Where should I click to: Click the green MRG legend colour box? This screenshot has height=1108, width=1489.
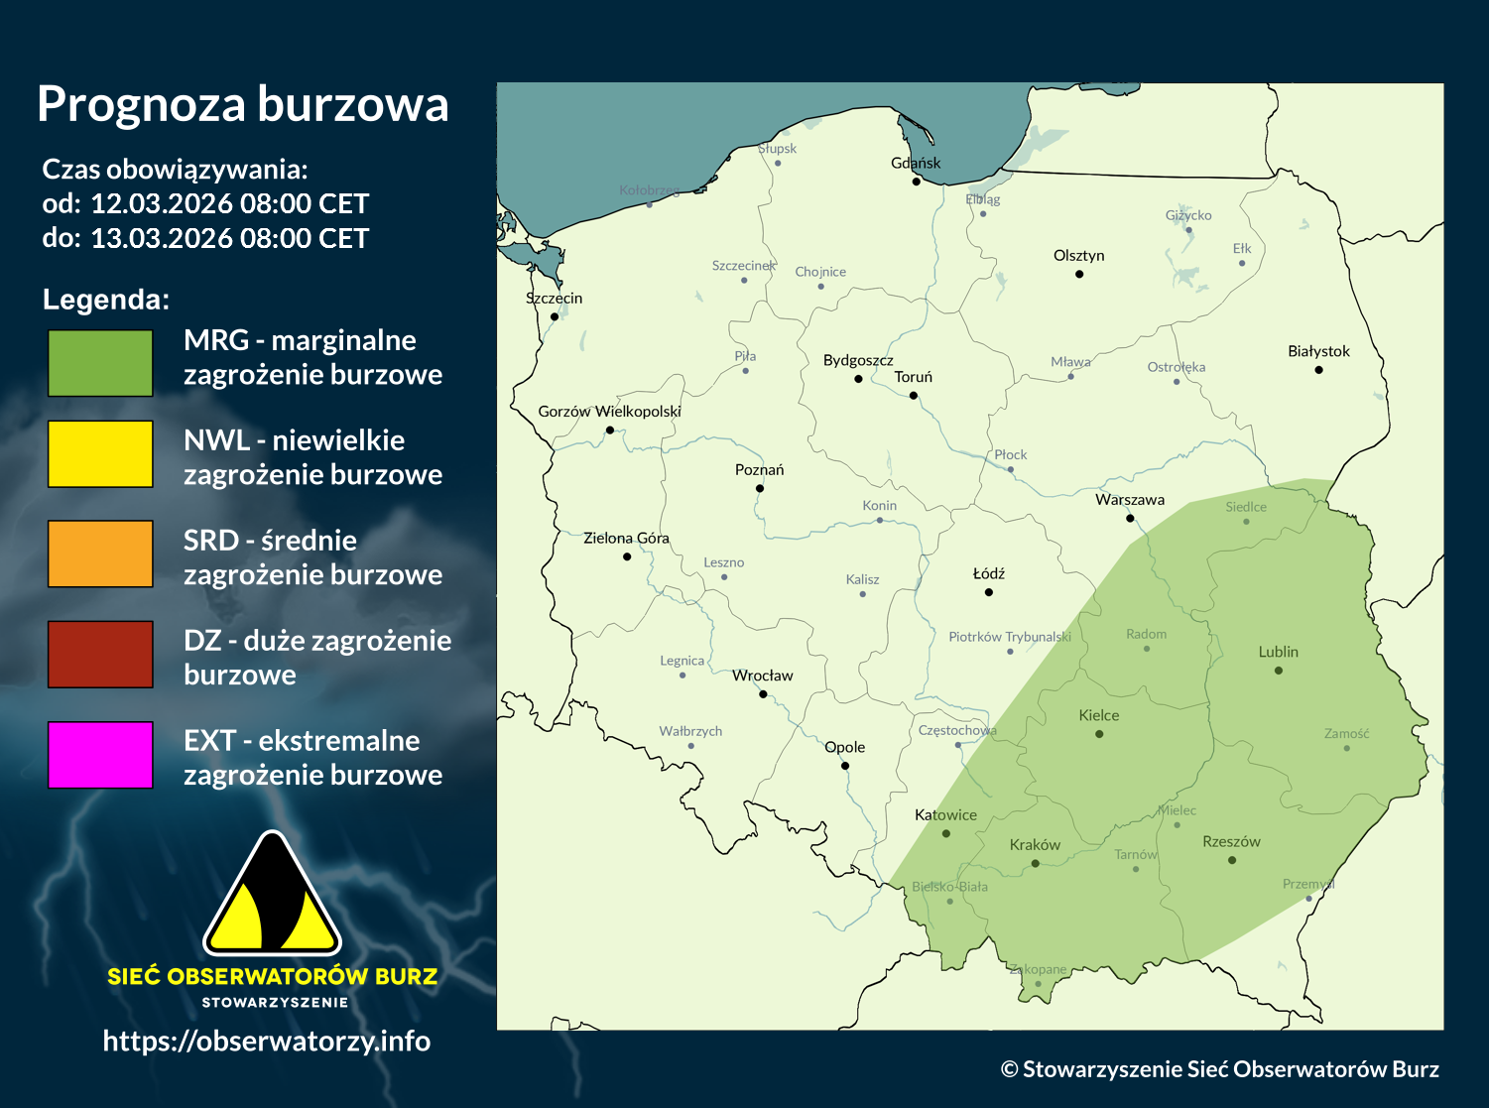100,363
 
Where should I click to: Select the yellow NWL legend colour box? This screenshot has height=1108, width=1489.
100,453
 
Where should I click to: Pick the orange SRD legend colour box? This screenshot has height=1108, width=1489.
100,554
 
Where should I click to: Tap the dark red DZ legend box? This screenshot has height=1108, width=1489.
100,654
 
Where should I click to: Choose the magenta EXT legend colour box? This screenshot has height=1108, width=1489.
100,755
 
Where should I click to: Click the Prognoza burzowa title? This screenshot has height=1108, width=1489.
243,104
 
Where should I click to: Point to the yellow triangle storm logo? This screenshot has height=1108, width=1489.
272,897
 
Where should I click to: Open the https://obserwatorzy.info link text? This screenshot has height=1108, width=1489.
266,1041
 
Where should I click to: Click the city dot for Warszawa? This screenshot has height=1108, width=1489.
1130,518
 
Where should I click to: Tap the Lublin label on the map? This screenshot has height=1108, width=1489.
1278,652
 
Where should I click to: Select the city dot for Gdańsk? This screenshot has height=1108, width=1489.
917,182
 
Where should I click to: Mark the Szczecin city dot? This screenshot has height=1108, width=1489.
555,316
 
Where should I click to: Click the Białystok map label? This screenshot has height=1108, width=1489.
1318,351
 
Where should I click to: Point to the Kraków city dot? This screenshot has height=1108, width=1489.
1036,864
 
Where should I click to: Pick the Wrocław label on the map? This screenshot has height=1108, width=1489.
763,676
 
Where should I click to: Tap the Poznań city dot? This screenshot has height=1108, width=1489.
760,488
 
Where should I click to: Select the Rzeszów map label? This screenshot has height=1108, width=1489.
1231,841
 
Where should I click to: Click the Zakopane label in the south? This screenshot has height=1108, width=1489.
1038,969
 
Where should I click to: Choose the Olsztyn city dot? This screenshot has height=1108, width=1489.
1079,274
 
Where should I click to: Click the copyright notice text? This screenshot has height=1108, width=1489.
1219,1069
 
